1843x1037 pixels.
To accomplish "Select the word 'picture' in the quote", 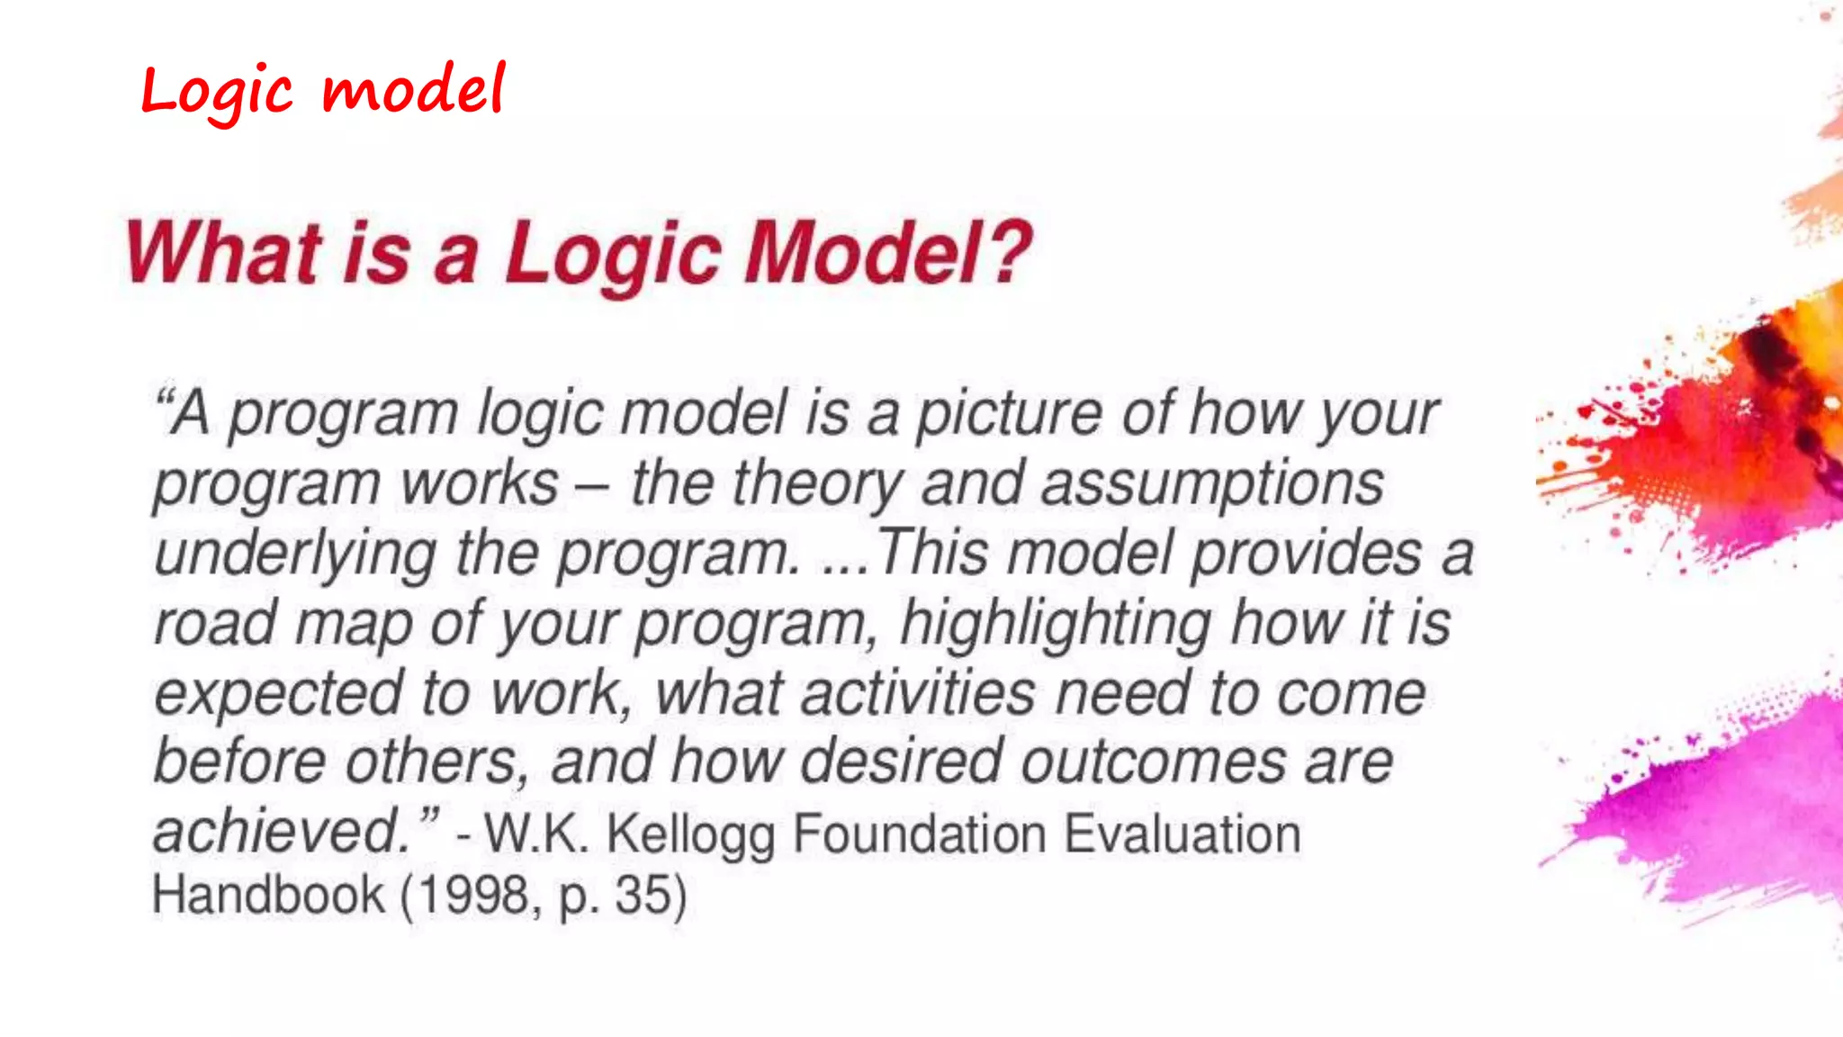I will pyautogui.click(x=1009, y=414).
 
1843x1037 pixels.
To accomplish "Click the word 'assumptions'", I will pyautogui.click(x=1212, y=484).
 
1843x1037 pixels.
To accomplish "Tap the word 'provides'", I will pyautogui.click(x=1306, y=553).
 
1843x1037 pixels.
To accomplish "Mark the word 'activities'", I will pyautogui.click(x=918, y=693).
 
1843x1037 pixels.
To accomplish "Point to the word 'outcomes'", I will pyautogui.click(x=1154, y=762).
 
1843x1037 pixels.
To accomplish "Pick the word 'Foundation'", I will pyautogui.click(x=919, y=834).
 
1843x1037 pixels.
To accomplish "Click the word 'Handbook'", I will pyautogui.click(x=268, y=896).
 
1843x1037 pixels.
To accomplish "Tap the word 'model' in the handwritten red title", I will pyautogui.click(x=414, y=92).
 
